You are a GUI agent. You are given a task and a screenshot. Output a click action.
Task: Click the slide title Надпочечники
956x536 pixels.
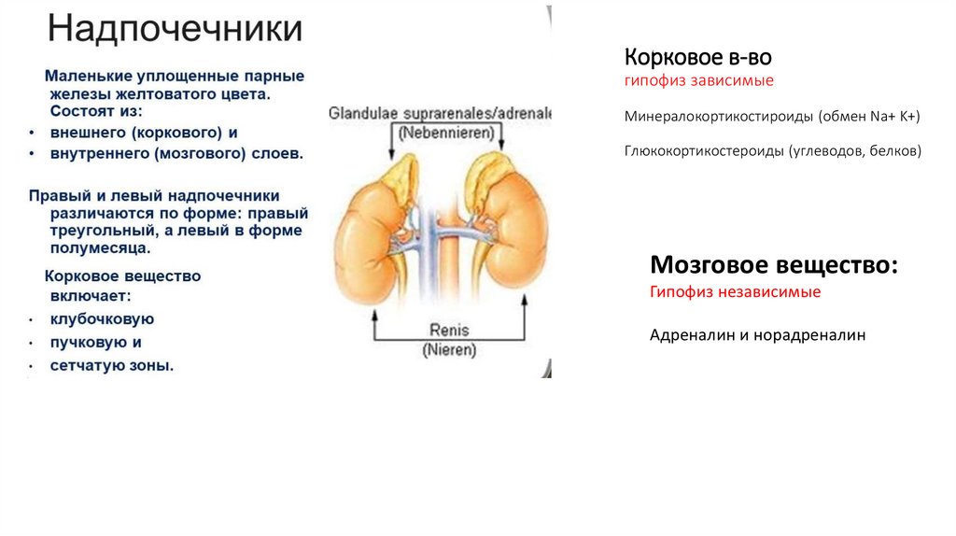[x=176, y=28]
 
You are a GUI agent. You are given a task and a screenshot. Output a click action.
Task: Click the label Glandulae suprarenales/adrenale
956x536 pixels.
[x=440, y=114]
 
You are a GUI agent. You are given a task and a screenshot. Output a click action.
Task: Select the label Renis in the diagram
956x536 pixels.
[x=449, y=331]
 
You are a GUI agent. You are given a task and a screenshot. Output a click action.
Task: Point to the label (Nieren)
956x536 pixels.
[x=448, y=350]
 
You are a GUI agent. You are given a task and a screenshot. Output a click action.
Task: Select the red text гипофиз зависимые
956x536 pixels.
[x=699, y=81]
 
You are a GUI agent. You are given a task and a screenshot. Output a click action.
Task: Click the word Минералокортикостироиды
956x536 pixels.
[x=720, y=117]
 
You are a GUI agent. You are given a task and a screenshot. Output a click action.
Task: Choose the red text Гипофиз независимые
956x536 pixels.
[x=736, y=292]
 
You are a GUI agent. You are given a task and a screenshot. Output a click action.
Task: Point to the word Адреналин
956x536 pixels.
[x=689, y=333]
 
